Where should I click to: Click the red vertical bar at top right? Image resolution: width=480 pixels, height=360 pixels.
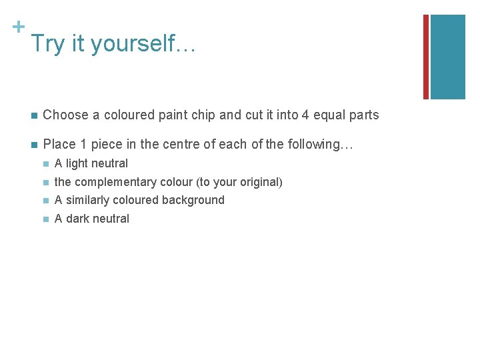(x=426, y=57)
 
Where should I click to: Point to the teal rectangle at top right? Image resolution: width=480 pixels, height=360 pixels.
(x=447, y=57)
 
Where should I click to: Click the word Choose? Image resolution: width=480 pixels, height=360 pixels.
(x=65, y=115)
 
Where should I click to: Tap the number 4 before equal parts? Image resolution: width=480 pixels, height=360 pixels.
(x=305, y=115)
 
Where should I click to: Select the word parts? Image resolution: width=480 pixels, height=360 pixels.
(x=363, y=115)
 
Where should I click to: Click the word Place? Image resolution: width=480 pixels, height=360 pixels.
(x=59, y=144)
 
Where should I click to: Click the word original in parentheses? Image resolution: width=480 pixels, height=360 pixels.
(x=259, y=182)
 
